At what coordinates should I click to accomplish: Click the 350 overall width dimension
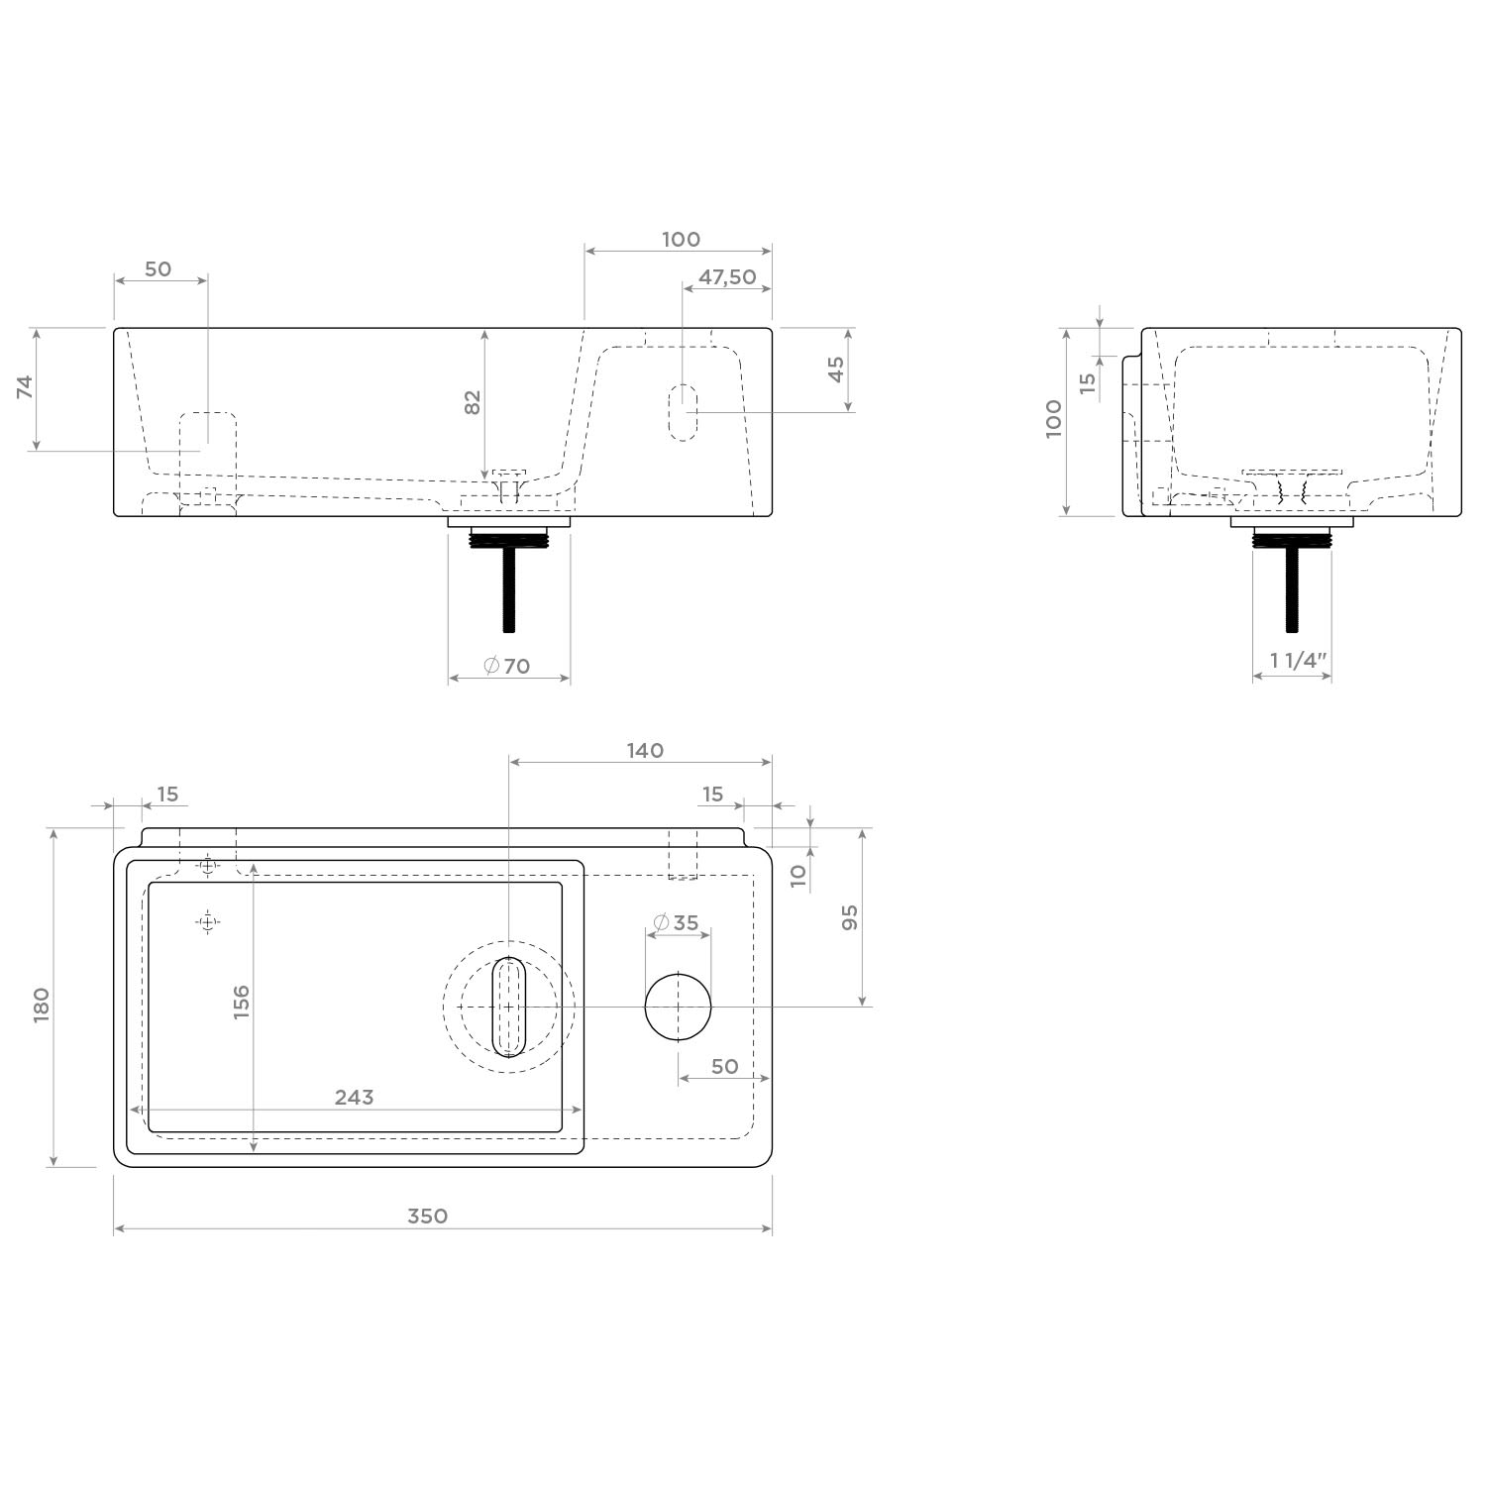[427, 1216]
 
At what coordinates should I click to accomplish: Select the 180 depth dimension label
[41, 1006]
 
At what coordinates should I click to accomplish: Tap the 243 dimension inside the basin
[354, 1097]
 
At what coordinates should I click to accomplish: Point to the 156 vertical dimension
[241, 1002]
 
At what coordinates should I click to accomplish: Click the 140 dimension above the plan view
[645, 750]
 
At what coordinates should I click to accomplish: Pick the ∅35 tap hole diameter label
[677, 923]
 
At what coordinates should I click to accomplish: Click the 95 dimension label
[849, 917]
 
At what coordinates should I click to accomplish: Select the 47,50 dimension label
[727, 277]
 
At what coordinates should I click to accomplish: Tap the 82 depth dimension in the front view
[473, 402]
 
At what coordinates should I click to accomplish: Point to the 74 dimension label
[25, 386]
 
